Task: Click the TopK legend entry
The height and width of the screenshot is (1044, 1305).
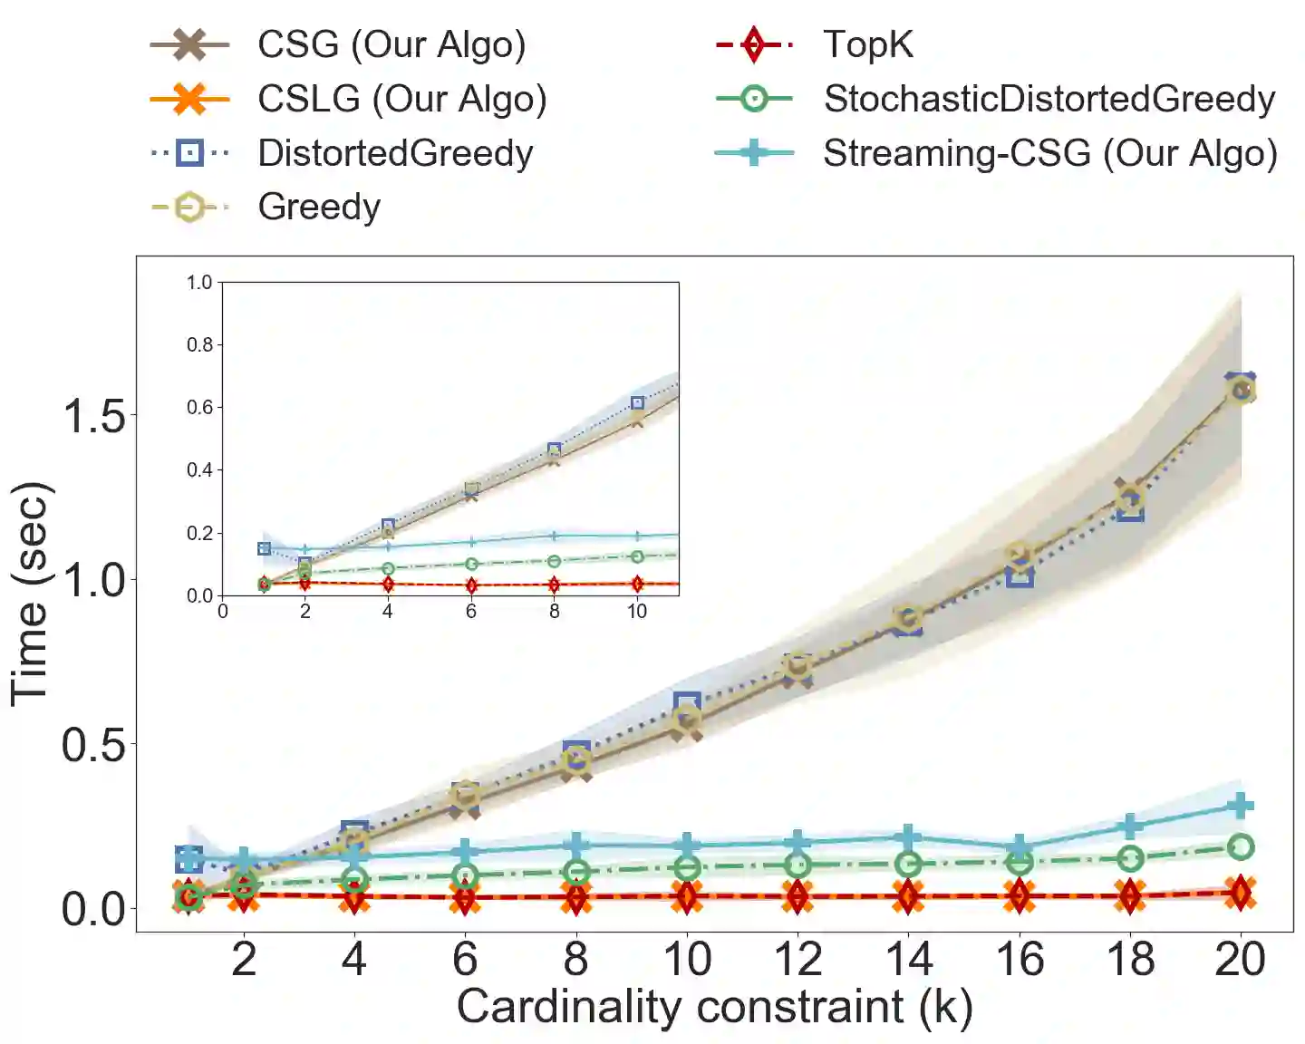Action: [x=867, y=44]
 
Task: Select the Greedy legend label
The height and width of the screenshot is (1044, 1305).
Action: [x=319, y=207]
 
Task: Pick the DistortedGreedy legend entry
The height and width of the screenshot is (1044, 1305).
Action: [x=395, y=153]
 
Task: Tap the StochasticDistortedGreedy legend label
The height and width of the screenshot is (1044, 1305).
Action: [x=1049, y=99]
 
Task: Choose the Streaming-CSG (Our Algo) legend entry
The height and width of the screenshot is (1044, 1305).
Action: [x=1049, y=153]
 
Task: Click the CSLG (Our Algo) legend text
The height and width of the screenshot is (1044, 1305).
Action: [x=401, y=99]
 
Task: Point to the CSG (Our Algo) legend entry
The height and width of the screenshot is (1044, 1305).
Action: [x=391, y=44]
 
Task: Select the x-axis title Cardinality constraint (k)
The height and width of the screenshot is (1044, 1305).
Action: [x=714, y=1007]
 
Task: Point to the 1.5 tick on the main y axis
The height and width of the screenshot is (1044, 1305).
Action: [x=93, y=416]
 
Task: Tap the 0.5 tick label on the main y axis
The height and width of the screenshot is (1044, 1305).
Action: [x=93, y=745]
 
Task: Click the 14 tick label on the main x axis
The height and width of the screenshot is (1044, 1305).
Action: [x=909, y=959]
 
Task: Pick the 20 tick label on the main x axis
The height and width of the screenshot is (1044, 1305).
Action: [x=1241, y=959]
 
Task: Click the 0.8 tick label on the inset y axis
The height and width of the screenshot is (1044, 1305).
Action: [x=199, y=344]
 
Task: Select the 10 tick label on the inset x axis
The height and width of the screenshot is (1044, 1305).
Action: [x=637, y=612]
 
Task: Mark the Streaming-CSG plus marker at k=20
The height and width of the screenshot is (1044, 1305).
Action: [x=1241, y=806]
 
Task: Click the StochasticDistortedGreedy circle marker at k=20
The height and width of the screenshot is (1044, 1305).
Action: [x=1241, y=847]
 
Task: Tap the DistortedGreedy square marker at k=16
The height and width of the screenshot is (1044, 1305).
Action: [x=1020, y=575]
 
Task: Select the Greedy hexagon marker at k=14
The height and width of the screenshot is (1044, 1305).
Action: [x=908, y=618]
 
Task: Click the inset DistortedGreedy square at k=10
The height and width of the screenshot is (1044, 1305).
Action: [x=637, y=403]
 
